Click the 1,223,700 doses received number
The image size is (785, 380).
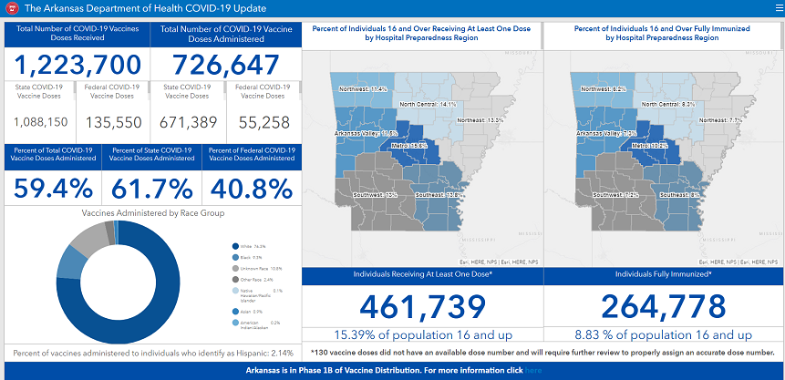77,66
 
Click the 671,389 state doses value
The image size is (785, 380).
188,121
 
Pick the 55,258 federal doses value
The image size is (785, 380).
263,121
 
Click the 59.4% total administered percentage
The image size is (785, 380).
53,189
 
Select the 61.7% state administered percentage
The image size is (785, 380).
151,189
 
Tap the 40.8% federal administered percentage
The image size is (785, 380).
251,189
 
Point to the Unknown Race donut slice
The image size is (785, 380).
87,237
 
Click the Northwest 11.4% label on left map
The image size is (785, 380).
363,89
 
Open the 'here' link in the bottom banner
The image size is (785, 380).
533,371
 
